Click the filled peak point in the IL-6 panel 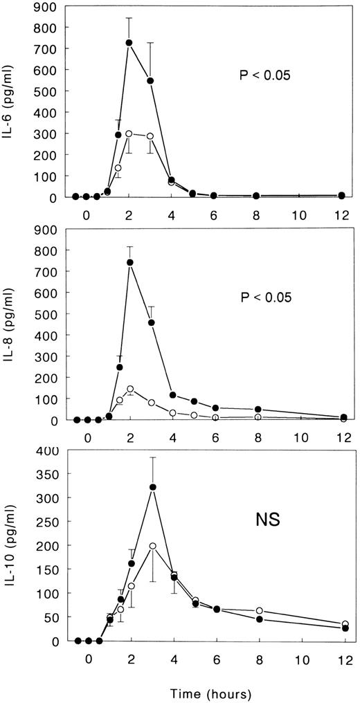coord(129,43)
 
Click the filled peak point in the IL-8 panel coord(130,262)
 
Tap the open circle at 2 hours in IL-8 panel coord(130,389)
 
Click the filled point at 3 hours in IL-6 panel coord(150,81)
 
